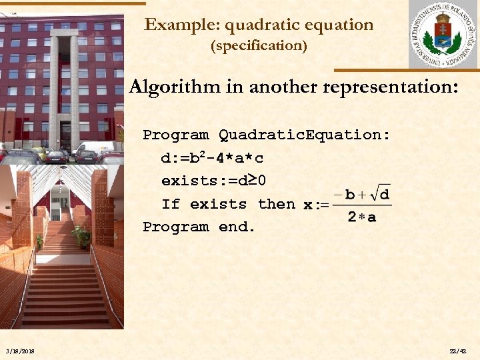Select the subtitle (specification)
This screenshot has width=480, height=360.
tap(259, 46)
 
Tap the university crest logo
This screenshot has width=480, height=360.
tap(442, 35)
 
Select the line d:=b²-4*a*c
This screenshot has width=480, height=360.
tap(212, 158)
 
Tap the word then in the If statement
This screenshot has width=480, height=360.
tap(276, 204)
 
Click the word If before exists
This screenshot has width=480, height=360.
tap(171, 204)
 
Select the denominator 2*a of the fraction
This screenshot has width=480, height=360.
tap(361, 217)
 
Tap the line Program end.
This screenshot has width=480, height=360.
tap(199, 227)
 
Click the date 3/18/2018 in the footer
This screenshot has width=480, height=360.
tap(19, 351)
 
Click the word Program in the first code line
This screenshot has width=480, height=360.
tap(175, 135)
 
